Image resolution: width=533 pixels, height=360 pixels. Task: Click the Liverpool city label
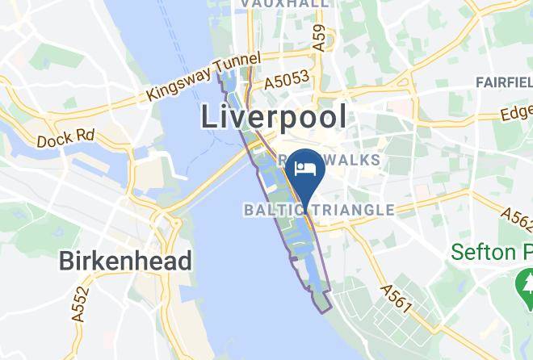coord(274,118)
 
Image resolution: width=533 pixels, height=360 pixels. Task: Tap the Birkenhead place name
coord(126,261)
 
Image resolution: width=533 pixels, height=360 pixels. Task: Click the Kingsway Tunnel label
coord(204,77)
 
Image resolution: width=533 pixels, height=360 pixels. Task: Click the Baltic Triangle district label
coord(319,210)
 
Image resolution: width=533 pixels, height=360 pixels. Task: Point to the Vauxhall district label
coord(285,4)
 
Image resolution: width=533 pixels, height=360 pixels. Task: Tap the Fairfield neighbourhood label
coord(504,83)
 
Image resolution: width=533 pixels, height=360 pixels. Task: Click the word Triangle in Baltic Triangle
coord(350,210)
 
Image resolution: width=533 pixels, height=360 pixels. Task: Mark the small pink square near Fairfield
coord(399,107)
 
